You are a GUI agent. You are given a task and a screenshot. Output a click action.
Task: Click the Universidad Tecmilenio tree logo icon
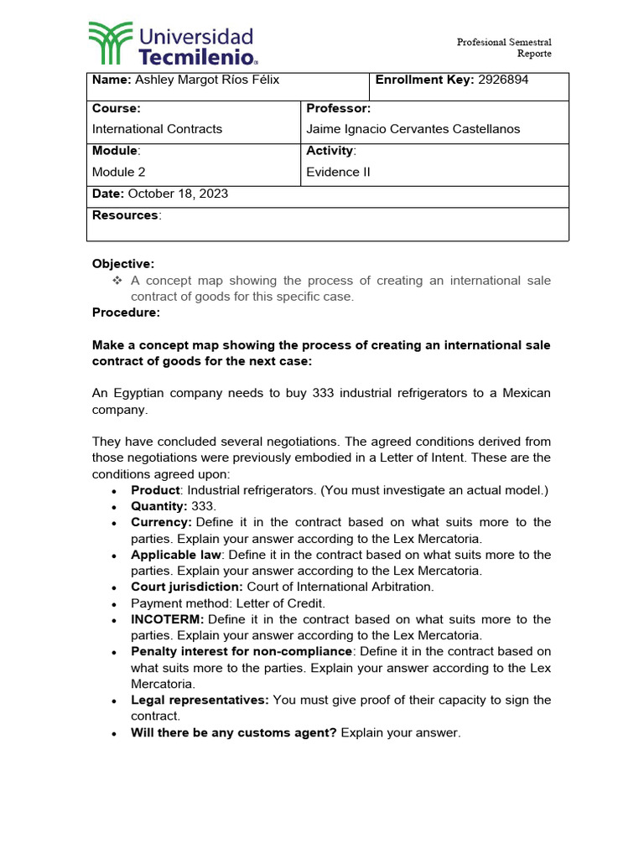(111, 44)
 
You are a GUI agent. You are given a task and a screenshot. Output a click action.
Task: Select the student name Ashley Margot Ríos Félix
(207, 80)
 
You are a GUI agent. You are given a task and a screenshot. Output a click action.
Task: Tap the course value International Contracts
(157, 129)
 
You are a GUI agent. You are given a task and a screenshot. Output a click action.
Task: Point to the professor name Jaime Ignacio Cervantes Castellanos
(413, 129)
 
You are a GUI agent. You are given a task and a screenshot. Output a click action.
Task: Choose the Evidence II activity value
(338, 172)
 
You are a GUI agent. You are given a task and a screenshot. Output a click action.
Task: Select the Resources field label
(125, 215)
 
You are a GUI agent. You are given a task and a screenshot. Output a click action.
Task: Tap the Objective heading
(123, 264)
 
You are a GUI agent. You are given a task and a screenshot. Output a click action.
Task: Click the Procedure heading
(125, 313)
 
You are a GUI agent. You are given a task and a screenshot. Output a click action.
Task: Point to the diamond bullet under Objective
(117, 281)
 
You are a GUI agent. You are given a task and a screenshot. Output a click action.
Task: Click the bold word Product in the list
(155, 490)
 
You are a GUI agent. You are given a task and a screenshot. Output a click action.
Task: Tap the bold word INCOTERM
(167, 619)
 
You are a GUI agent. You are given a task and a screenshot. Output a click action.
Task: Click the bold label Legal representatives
(200, 700)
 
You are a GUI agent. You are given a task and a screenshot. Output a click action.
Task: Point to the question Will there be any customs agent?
(234, 732)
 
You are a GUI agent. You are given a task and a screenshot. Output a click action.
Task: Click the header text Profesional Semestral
(503, 42)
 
